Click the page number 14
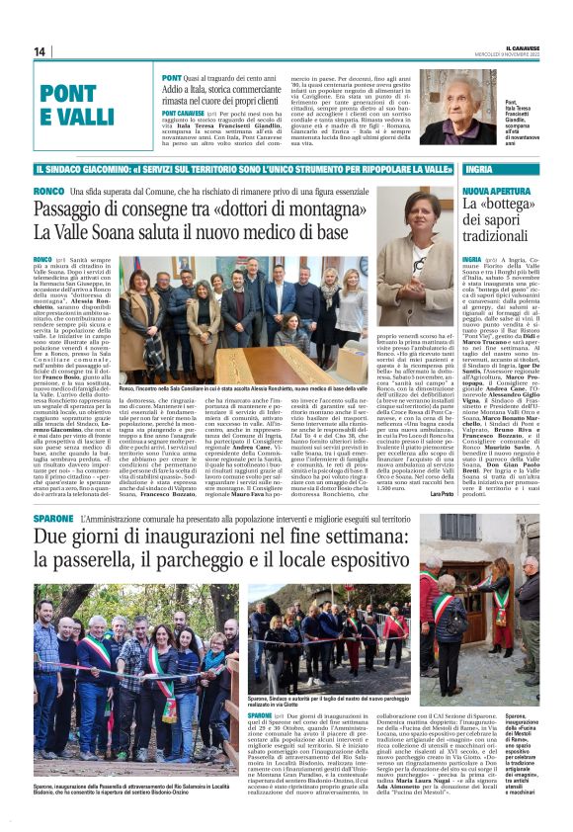pos(40,51)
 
